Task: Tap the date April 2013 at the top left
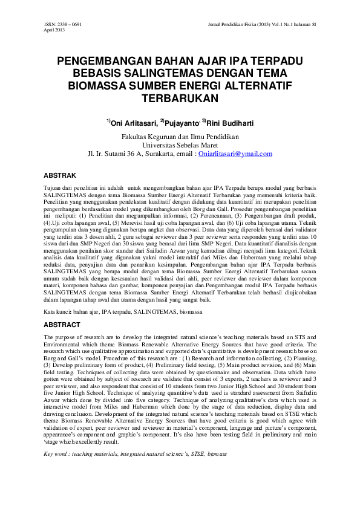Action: coord(54,30)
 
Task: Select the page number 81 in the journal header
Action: coord(313,24)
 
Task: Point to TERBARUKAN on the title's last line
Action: coord(180,97)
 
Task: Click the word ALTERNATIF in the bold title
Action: coord(263,85)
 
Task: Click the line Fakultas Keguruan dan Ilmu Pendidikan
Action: coord(180,137)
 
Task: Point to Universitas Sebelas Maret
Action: coord(180,145)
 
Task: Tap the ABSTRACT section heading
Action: coord(63,324)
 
